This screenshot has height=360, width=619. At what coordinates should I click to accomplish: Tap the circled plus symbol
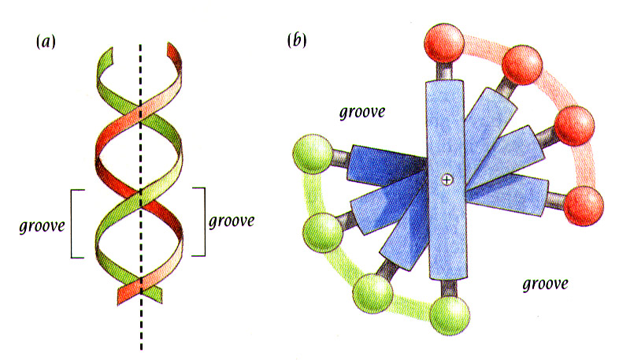click(447, 180)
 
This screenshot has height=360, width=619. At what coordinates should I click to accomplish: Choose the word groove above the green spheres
click(361, 112)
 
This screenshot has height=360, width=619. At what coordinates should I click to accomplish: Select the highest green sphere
click(311, 154)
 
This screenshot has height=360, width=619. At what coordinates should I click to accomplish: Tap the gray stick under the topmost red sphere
click(445, 70)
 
